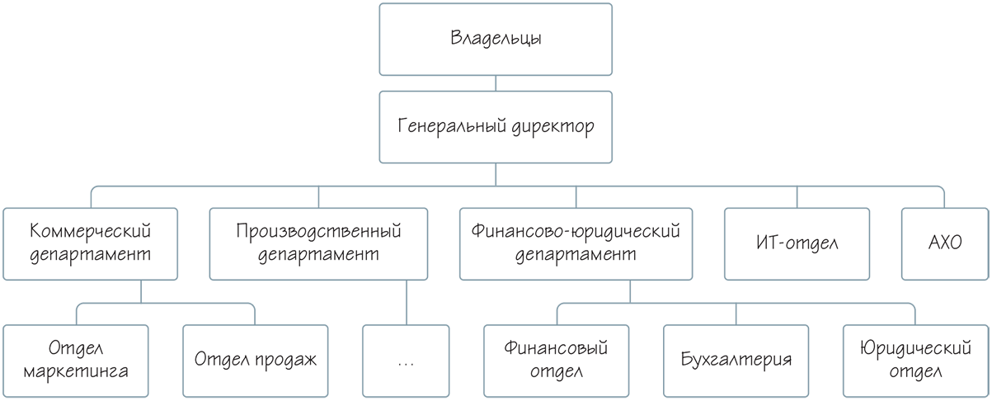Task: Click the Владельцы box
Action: tap(496, 39)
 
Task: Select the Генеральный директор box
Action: tap(496, 127)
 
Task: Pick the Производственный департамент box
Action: tap(319, 243)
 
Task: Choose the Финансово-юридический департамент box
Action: tap(575, 243)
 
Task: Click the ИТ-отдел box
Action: tap(797, 243)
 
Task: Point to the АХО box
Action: tap(943, 243)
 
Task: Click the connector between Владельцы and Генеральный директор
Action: tap(496, 83)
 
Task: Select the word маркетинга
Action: tap(76, 371)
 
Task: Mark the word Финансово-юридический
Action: tap(575, 230)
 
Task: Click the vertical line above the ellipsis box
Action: tap(407, 301)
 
